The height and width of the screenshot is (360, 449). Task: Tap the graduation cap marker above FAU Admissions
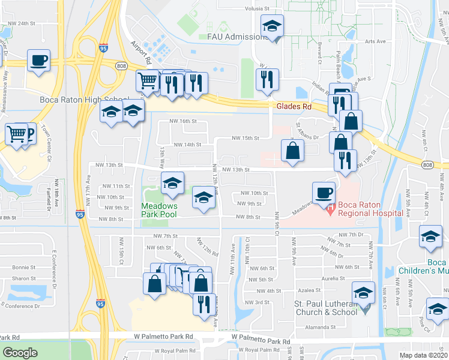tap(272, 26)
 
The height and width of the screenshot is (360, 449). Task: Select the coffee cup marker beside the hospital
tap(324, 193)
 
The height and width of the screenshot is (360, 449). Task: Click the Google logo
tap(20, 353)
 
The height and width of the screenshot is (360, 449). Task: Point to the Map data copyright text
tap(423, 355)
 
